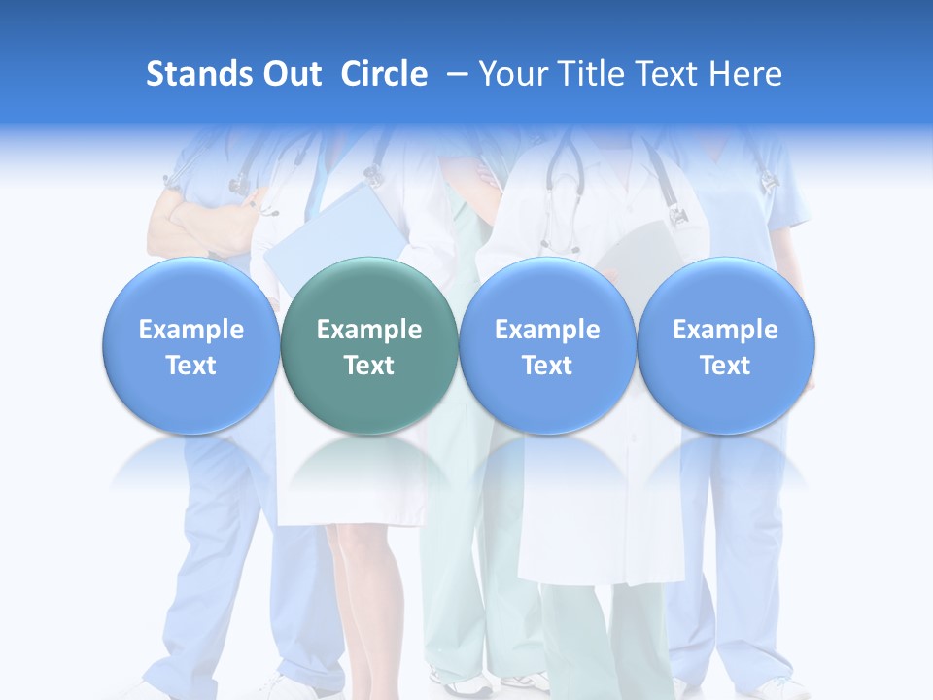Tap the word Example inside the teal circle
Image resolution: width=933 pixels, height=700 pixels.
click(369, 330)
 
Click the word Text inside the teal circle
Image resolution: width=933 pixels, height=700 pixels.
click(369, 366)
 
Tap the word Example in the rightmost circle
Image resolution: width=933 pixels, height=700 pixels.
click(726, 330)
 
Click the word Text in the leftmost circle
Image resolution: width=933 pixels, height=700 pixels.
click(190, 366)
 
